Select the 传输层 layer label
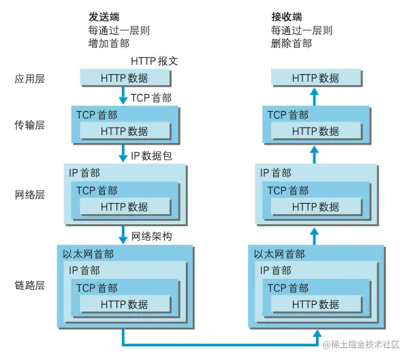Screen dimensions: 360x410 pyautogui.click(x=29, y=125)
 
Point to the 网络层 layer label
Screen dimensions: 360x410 pyautogui.click(x=29, y=194)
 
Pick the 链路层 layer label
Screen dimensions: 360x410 pyautogui.click(x=29, y=284)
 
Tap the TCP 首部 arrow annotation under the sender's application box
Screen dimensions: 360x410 pyautogui.click(x=151, y=98)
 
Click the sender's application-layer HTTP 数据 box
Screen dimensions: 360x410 pyautogui.click(x=124, y=78)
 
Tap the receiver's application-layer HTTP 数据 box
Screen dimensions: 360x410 pyautogui.click(x=315, y=78)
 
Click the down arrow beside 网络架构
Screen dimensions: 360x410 pyautogui.click(x=124, y=236)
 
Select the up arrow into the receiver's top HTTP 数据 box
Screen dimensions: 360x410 pyautogui.click(x=315, y=95)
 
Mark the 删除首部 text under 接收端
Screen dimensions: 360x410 pyautogui.click(x=291, y=44)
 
